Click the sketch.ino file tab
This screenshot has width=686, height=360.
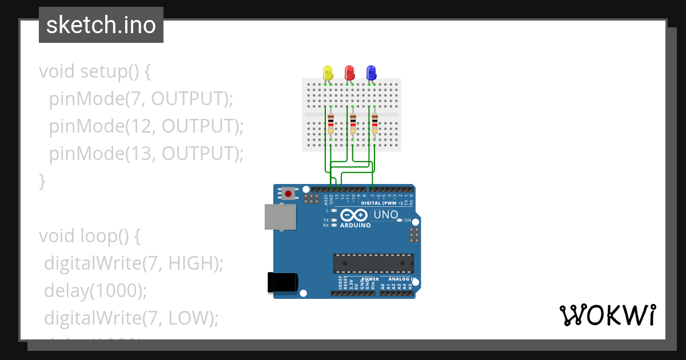pyautogui.click(x=101, y=25)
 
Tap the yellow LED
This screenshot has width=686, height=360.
pyautogui.click(x=328, y=73)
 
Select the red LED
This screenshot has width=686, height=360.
pyautogui.click(x=349, y=73)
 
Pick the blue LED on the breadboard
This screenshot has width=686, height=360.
pyautogui.click(x=371, y=73)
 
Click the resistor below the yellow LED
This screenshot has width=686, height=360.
pyautogui.click(x=331, y=123)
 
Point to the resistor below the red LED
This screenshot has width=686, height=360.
pyautogui.click(x=353, y=123)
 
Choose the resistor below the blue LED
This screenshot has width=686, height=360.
pyautogui.click(x=374, y=123)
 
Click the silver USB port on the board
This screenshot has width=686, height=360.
pyautogui.click(x=281, y=218)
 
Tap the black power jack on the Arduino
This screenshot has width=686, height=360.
pyautogui.click(x=282, y=282)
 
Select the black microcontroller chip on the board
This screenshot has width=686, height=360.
pyautogui.click(x=373, y=263)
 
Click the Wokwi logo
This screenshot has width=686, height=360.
pyautogui.click(x=607, y=315)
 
